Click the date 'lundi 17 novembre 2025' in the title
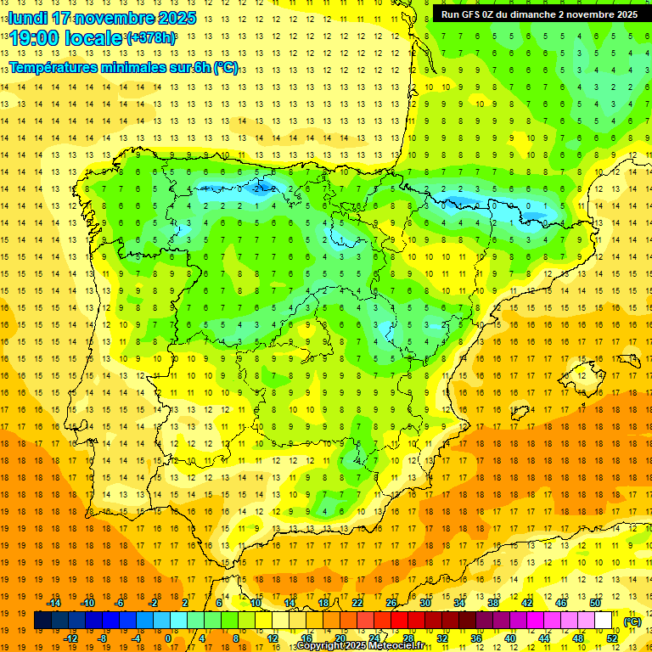coord(102,18)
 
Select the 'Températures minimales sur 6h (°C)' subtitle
coord(124,68)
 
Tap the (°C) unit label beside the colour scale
coord(632,621)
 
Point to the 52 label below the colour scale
coord(612,638)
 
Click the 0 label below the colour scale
coord(167,638)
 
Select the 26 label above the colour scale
coord(391,603)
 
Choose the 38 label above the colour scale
coord(493,603)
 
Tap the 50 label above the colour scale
coord(595,603)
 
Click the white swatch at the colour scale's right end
coord(604,621)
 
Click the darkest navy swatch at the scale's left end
coord(43,621)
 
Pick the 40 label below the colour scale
coord(510,638)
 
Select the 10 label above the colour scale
coord(256,603)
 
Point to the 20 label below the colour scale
coord(340,638)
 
